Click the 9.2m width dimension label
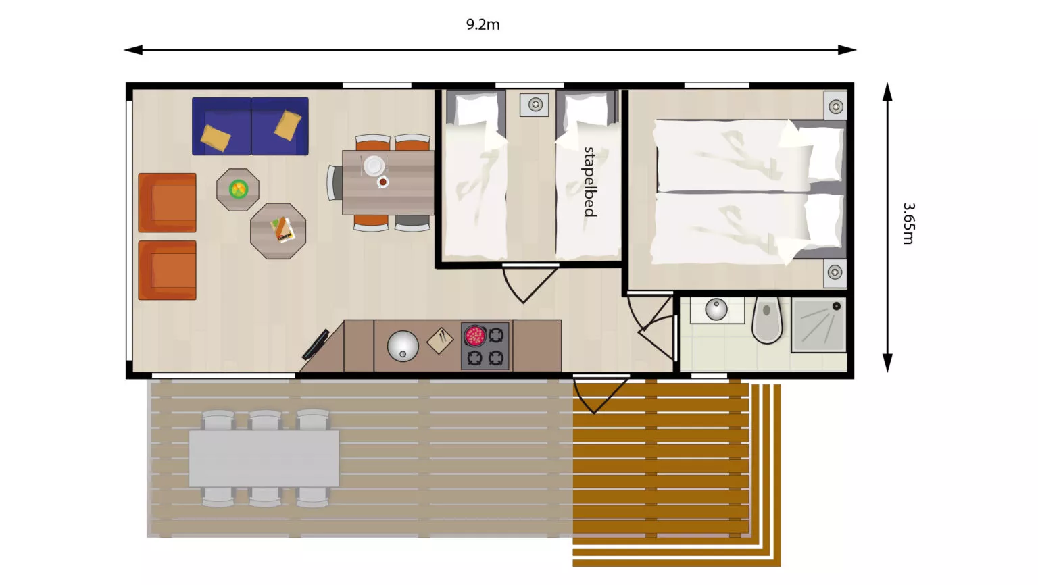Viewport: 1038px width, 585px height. [x=483, y=24]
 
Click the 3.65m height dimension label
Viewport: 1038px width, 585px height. [x=909, y=223]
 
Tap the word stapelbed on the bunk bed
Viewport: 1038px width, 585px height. [x=590, y=182]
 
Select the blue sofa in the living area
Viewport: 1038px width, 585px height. [x=250, y=126]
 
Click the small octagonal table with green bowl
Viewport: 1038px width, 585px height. [x=238, y=189]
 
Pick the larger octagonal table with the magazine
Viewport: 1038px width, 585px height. [x=278, y=230]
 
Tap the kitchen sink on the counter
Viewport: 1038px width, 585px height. [x=403, y=346]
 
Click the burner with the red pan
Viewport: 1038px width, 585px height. [x=474, y=335]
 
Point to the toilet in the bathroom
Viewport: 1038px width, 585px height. [x=767, y=320]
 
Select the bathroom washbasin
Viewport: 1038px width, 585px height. [x=716, y=309]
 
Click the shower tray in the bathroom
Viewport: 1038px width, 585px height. [x=819, y=325]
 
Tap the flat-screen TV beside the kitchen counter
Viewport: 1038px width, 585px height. [x=316, y=344]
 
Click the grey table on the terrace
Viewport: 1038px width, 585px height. [x=264, y=458]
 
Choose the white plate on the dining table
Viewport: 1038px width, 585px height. [x=374, y=166]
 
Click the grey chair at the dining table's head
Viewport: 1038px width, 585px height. [x=335, y=183]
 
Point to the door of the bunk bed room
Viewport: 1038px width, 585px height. [x=530, y=282]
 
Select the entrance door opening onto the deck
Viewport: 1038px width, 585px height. [x=601, y=394]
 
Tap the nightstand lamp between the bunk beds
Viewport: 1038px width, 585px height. [x=535, y=104]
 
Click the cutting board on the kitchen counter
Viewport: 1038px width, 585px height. [x=440, y=340]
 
